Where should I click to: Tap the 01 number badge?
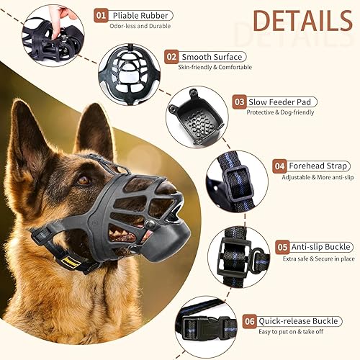point(102,15)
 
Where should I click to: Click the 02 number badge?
point(171,56)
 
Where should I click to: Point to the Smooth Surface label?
point(212,56)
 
